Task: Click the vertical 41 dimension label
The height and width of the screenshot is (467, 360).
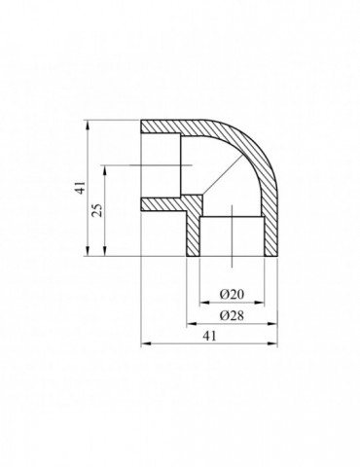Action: click(x=81, y=188)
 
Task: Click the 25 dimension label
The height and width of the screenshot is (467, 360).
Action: click(x=97, y=210)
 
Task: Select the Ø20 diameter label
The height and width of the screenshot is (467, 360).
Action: click(x=232, y=295)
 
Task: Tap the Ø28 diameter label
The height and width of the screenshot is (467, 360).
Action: click(x=232, y=315)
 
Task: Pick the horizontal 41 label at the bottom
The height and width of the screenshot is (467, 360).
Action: click(x=209, y=336)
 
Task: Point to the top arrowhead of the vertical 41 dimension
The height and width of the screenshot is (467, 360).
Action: click(x=88, y=125)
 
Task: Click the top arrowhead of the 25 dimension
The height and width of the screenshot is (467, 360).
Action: click(x=104, y=170)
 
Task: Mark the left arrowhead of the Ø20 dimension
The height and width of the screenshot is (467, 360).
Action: click(x=204, y=303)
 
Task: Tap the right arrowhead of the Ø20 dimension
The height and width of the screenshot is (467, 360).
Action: click(x=260, y=303)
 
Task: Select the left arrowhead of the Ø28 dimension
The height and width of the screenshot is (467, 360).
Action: click(x=192, y=323)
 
